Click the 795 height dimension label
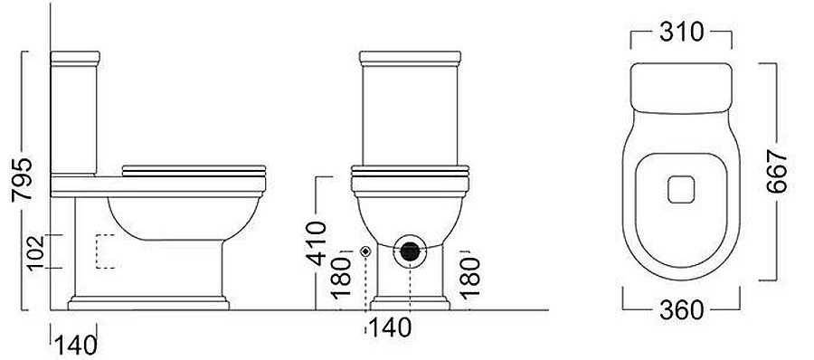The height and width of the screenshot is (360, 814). click(x=22, y=179)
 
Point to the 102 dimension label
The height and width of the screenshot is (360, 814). click(x=36, y=252)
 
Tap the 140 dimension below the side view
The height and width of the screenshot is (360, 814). click(x=76, y=346)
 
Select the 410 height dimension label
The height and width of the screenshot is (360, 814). click(x=317, y=243)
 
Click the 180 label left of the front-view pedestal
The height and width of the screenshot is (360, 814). click(x=341, y=278)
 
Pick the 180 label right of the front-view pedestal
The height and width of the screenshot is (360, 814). click(x=469, y=278)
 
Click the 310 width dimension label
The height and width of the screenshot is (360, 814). click(x=682, y=33)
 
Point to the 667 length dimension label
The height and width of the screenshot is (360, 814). click(x=777, y=172)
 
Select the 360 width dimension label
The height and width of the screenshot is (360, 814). click(x=682, y=310)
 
